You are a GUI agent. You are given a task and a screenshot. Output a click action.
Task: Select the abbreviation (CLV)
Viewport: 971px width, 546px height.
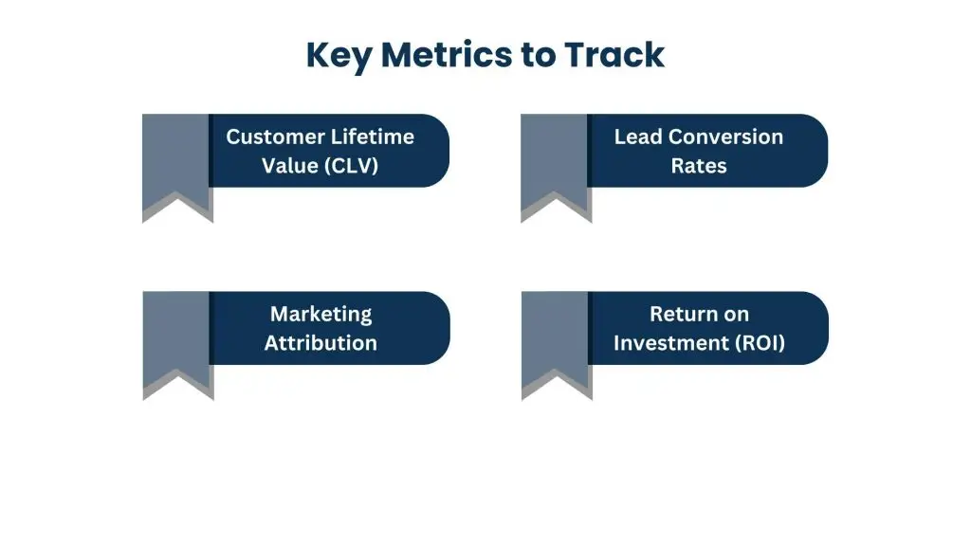click(350, 166)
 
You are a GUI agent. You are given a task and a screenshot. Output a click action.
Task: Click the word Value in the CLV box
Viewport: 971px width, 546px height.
click(288, 166)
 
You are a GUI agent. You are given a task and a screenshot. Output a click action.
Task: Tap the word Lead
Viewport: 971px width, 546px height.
click(637, 136)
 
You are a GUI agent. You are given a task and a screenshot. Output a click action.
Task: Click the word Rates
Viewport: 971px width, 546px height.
click(699, 166)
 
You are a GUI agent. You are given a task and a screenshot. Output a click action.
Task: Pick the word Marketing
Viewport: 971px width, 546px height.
click(321, 314)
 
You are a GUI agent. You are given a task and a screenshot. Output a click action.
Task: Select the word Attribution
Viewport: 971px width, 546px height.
click(321, 343)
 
